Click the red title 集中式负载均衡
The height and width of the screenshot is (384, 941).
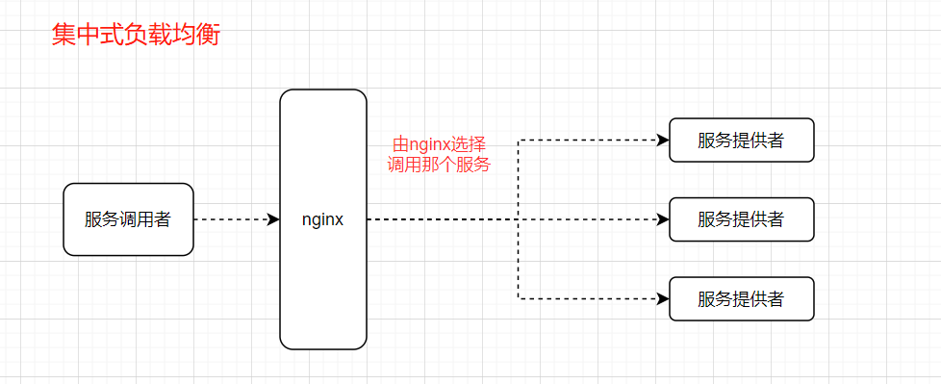[x=135, y=37]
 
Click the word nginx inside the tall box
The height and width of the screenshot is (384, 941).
[x=322, y=219]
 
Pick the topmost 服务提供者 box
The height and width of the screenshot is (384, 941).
[x=741, y=141]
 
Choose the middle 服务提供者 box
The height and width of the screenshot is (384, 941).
[x=741, y=219]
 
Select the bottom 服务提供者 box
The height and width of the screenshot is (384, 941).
[x=741, y=299]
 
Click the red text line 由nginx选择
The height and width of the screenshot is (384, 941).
[x=439, y=144]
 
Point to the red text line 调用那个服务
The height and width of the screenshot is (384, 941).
[x=439, y=165]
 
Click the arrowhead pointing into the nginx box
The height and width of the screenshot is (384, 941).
[x=273, y=219]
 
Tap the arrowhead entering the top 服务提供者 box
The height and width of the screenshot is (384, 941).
[x=663, y=141]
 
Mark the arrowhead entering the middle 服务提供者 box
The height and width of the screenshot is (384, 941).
[x=663, y=219]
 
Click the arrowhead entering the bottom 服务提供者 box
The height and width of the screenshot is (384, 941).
[x=663, y=299]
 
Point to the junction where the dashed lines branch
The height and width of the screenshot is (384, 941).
[x=519, y=219]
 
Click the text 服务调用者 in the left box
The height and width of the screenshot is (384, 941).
[x=128, y=219]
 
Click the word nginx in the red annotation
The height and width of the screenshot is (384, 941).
[x=429, y=144]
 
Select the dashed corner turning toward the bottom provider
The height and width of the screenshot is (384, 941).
[x=519, y=299]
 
